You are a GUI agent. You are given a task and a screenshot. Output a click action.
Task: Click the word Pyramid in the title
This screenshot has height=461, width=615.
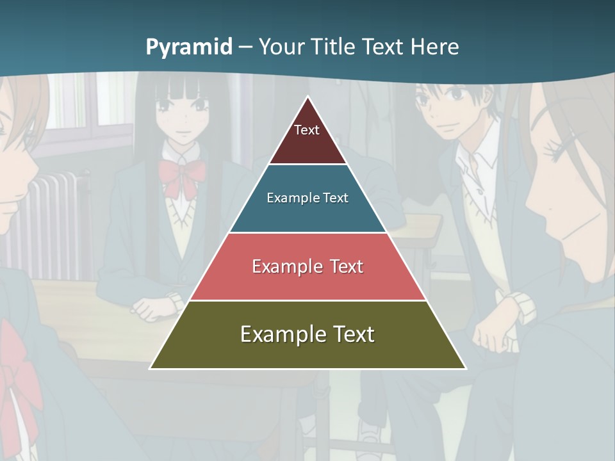point(189,47)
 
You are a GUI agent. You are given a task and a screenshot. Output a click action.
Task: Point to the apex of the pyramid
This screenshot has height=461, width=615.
point(308,99)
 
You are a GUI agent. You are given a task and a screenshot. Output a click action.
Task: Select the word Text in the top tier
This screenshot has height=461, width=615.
point(307,130)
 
